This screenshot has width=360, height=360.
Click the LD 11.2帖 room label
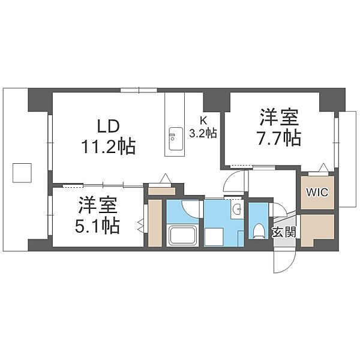click(x=109, y=137)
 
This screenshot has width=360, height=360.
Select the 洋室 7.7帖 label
click(x=279, y=128)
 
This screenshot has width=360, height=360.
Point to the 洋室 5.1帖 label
click(x=97, y=215)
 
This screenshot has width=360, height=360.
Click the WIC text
click(x=317, y=192)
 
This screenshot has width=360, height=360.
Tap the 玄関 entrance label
click(x=284, y=232)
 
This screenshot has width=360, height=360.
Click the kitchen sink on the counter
click(x=176, y=139)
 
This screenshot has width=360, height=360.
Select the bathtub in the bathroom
click(x=183, y=236)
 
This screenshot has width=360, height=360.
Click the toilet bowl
click(x=259, y=231)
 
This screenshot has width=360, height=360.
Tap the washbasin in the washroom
click(x=236, y=209)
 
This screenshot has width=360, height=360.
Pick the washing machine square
click(x=214, y=237)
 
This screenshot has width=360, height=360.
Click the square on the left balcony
click(x=22, y=173)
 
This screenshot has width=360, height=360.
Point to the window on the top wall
click(x=139, y=90)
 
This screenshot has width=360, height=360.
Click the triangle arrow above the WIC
click(x=324, y=167)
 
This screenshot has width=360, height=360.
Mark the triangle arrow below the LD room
click(x=166, y=178)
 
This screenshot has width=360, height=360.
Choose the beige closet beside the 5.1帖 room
click(x=155, y=223)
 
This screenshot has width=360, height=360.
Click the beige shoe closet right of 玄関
click(x=317, y=230)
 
